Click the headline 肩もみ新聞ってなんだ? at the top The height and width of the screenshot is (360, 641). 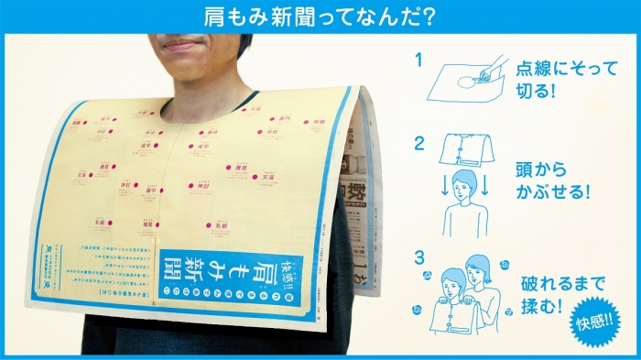(x=320, y=16)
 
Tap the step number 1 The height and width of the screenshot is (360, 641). (x=418, y=60)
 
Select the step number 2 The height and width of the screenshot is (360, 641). (x=418, y=143)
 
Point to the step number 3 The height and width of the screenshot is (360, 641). (x=418, y=257)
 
